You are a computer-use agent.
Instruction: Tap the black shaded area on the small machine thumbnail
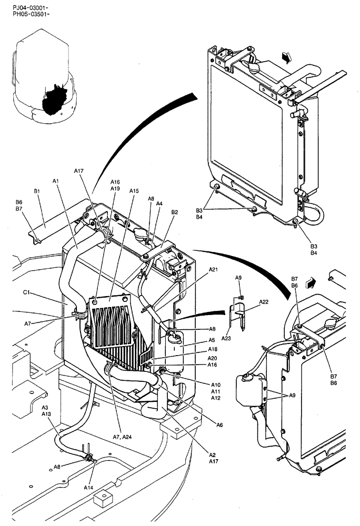(55, 99)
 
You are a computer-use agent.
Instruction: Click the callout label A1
(56, 181)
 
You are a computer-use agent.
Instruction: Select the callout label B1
(37, 191)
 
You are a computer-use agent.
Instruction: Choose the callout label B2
(175, 213)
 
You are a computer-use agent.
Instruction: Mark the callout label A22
(264, 302)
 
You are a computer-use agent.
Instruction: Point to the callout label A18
(213, 350)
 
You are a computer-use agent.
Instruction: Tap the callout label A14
(88, 488)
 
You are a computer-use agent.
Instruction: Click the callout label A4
(159, 204)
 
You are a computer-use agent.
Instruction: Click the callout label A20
(213, 358)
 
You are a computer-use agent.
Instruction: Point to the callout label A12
(216, 398)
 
